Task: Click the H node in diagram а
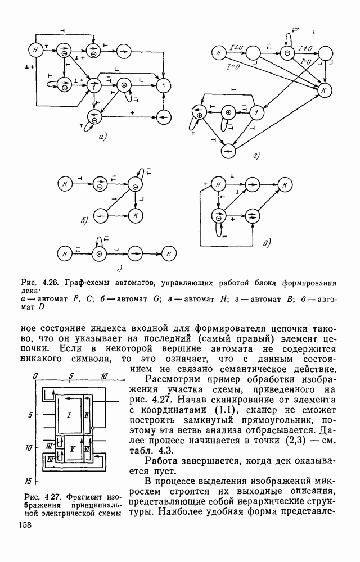coord(36,50)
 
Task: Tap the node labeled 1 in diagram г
coord(256,112)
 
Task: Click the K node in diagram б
coord(135,215)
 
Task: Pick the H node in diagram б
coord(65,184)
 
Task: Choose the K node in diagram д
coord(285,185)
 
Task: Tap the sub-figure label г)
coord(256,156)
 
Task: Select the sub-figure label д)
coord(267,243)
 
